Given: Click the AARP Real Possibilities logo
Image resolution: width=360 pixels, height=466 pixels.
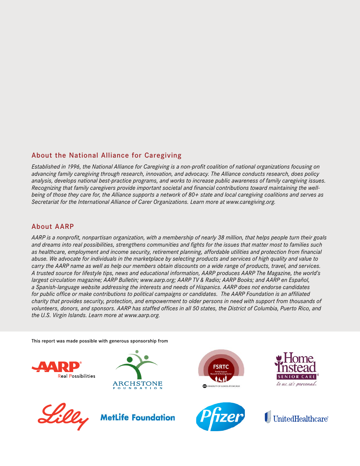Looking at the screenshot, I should point(63,370).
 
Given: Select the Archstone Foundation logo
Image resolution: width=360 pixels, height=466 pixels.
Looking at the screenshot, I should point(137,370).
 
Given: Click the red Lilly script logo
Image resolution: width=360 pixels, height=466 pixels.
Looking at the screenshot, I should point(63,417).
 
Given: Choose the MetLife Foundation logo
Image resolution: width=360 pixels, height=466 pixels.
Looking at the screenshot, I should point(138,418).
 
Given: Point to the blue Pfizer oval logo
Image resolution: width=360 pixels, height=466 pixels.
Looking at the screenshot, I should point(221,417).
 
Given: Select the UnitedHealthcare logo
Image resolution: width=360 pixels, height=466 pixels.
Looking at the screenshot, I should point(296,418).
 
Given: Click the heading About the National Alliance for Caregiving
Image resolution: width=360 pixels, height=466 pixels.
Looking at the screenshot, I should point(106,155).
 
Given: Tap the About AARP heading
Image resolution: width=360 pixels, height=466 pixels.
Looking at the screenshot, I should point(53,227).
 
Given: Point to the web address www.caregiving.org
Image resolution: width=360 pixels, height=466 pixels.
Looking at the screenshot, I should point(250,202).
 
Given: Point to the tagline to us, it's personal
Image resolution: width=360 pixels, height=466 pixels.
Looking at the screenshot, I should point(296,384).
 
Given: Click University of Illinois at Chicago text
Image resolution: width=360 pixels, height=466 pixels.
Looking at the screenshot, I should point(224,386).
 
